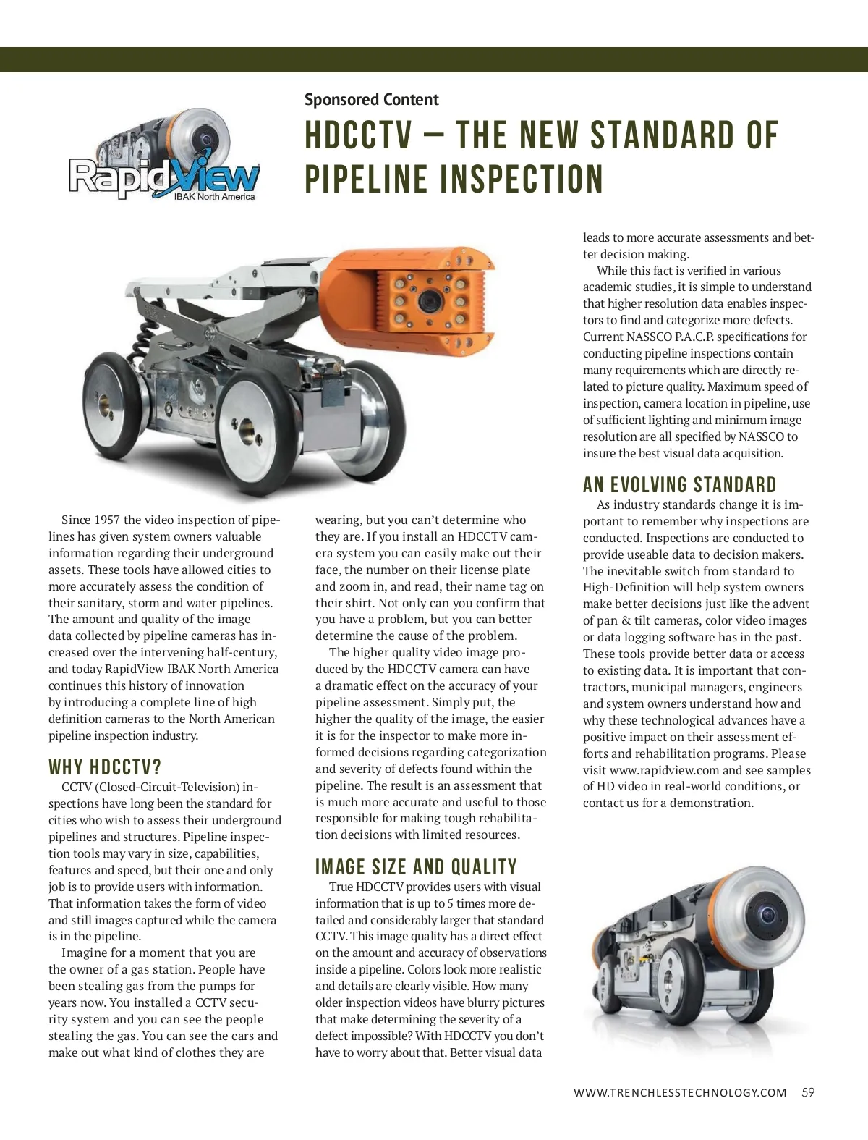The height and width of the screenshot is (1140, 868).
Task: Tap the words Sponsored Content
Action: (371, 99)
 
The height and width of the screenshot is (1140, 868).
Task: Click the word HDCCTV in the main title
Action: (359, 136)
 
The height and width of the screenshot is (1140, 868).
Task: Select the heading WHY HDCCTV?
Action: (105, 767)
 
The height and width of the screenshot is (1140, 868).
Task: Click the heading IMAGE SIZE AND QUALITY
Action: (416, 867)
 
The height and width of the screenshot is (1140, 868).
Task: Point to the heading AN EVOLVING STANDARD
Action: (679, 485)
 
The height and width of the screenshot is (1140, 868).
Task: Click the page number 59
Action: (808, 1092)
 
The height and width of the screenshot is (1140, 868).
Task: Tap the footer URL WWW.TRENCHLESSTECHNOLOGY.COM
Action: (679, 1093)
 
